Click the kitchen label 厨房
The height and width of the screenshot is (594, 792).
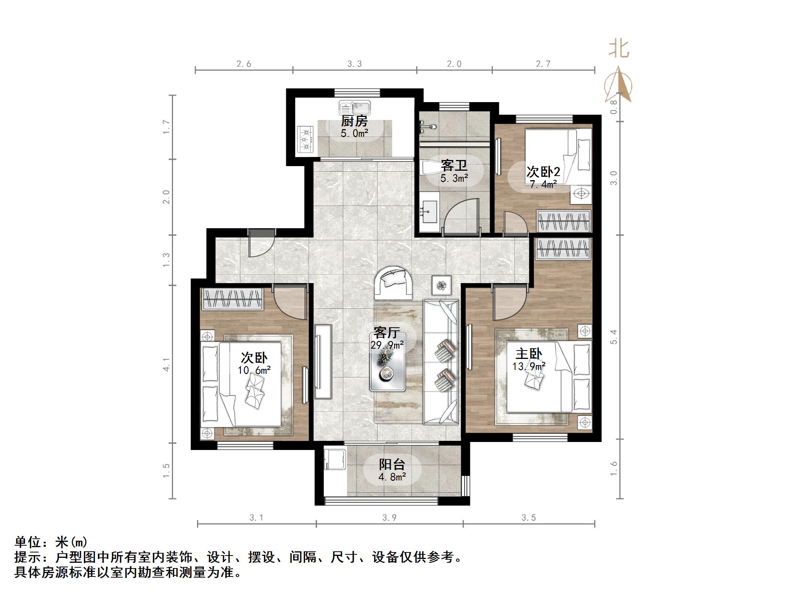pyautogui.click(x=354, y=122)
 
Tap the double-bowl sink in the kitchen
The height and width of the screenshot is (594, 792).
pyautogui.click(x=354, y=108)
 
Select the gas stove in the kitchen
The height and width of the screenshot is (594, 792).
pyautogui.click(x=305, y=140)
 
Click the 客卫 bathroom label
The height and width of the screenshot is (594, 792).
pyautogui.click(x=454, y=166)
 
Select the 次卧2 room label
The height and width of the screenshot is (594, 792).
pyautogui.click(x=543, y=172)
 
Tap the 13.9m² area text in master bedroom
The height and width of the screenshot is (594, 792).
pyautogui.click(x=529, y=367)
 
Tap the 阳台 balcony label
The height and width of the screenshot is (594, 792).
pyautogui.click(x=392, y=464)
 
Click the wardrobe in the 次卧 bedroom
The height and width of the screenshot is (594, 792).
pyautogui.click(x=232, y=299)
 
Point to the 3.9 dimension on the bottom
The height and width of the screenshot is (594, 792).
pyautogui.click(x=389, y=518)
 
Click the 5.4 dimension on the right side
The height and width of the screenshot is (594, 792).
pyautogui.click(x=613, y=337)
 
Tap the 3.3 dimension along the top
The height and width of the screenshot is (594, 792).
pyautogui.click(x=354, y=64)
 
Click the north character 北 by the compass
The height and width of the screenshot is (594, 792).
pyautogui.click(x=618, y=50)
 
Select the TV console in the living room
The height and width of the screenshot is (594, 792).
pyautogui.click(x=323, y=361)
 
